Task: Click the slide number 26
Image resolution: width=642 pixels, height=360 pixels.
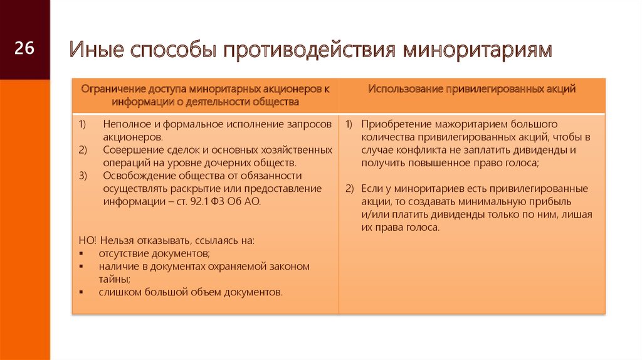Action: tap(24, 48)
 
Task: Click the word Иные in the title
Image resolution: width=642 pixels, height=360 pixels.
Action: tap(96, 50)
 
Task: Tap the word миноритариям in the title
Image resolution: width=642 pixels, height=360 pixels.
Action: tap(477, 50)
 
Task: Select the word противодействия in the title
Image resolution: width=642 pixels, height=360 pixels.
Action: tap(309, 50)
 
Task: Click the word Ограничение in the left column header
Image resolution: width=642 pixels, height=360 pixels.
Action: tap(113, 89)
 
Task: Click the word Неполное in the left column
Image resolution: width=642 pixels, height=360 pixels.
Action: tap(122, 124)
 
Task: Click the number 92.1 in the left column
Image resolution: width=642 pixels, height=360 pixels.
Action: tap(199, 201)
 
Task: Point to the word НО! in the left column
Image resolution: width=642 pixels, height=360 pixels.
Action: tap(87, 240)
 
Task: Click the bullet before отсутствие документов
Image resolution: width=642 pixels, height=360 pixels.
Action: tap(81, 253)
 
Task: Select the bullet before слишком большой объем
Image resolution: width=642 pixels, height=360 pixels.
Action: tap(81, 292)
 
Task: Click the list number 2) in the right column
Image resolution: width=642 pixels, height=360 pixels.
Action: tap(349, 189)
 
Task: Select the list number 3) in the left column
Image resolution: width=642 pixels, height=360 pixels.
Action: tap(83, 176)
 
